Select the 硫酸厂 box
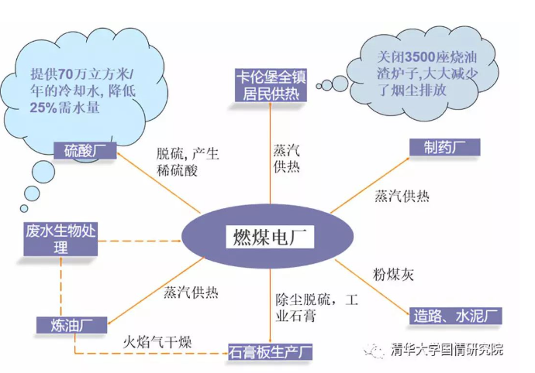point(85,150)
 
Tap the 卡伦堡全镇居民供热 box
point(271,84)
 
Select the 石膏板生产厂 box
point(270,352)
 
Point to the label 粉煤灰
point(395,275)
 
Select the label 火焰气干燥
point(157,341)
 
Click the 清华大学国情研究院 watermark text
point(447,349)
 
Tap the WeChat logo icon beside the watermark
point(375,350)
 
